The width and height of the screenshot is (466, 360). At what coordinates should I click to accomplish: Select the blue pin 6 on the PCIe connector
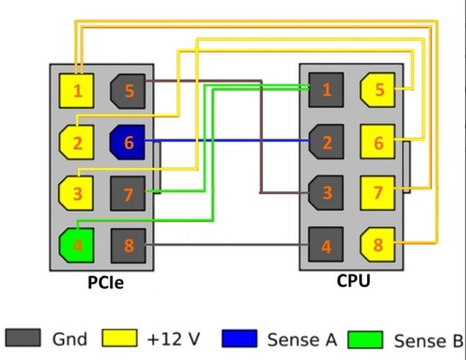pyautogui.click(x=128, y=143)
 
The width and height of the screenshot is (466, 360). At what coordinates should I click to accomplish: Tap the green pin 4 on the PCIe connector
pyautogui.click(x=77, y=244)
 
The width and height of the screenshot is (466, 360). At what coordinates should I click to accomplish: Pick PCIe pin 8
pyautogui.click(x=128, y=245)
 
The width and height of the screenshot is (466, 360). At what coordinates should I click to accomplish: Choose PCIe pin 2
pyautogui.click(x=77, y=143)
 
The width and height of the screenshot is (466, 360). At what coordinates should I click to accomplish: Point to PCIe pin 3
pyautogui.click(x=77, y=193)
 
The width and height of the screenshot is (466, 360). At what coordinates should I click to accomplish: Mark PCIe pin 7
pyautogui.click(x=128, y=194)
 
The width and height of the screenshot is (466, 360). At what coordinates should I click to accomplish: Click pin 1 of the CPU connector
pyautogui.click(x=326, y=90)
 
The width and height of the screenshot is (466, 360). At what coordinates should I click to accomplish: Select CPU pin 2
pyautogui.click(x=326, y=143)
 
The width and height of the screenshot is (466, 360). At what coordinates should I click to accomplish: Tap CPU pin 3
pyautogui.click(x=326, y=193)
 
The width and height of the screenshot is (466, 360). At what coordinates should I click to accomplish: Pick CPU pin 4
pyautogui.click(x=326, y=245)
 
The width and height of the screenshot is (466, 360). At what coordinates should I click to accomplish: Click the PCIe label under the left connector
pyautogui.click(x=105, y=283)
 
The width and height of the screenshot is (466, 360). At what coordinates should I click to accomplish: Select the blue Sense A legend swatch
pyautogui.click(x=239, y=339)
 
